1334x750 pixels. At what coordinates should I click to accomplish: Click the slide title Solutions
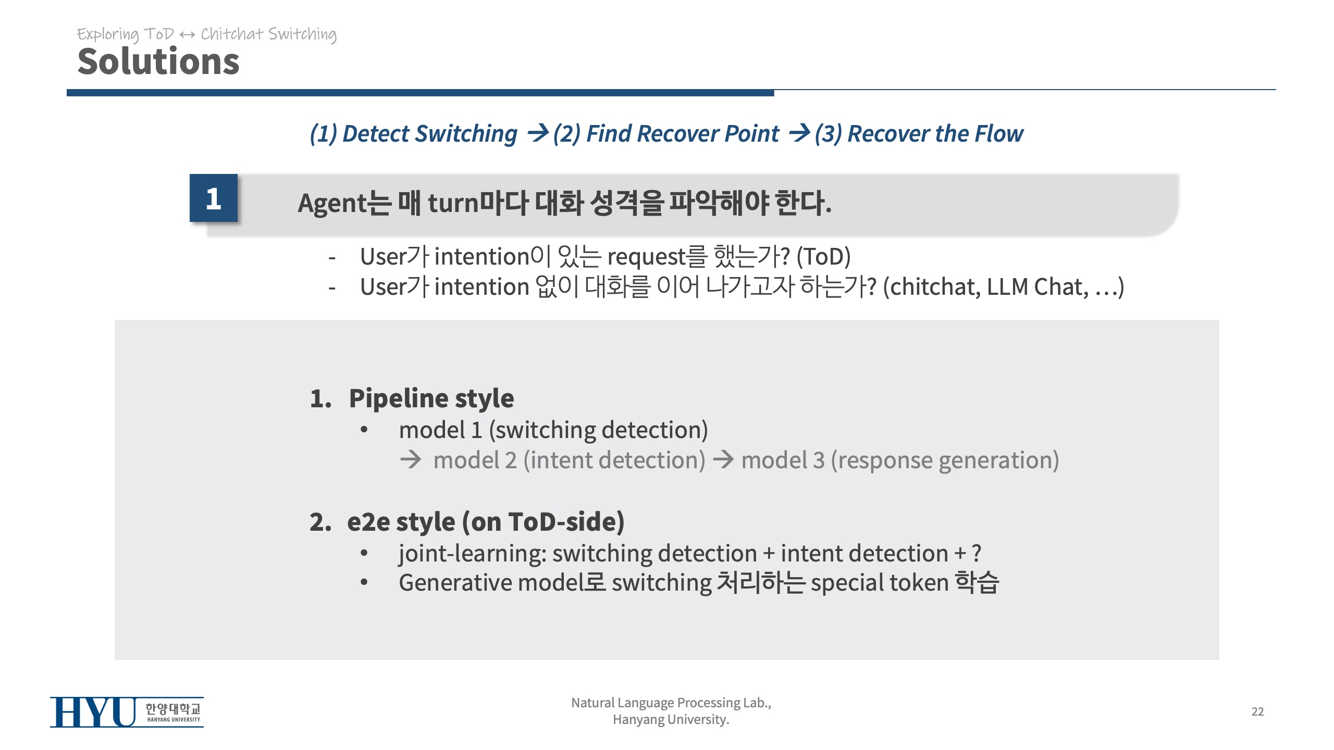point(158,61)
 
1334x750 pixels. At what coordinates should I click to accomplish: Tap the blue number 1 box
point(214,198)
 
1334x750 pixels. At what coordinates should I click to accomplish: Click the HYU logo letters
point(93,712)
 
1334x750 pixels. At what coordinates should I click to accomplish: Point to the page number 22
point(1257,711)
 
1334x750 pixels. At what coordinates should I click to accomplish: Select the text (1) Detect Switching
point(414,134)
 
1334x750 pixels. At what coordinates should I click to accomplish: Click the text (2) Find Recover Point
point(666,134)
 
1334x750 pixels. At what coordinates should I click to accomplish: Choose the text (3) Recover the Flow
point(919,134)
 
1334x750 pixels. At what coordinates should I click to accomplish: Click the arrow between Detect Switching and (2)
point(538,133)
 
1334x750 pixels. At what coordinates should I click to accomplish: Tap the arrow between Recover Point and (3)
point(799,133)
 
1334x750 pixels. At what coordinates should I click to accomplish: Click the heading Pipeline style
point(431,398)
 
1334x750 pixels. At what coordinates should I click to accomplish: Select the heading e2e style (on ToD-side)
point(486,522)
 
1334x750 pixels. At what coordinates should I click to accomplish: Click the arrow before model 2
point(411,459)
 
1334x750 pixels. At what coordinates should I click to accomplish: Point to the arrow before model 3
point(723,459)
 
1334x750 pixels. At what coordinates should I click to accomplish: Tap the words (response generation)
point(945,460)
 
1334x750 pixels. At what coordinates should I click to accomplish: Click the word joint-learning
point(472,554)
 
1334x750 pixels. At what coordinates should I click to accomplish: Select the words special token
point(880,583)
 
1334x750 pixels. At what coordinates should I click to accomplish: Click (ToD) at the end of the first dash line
point(824,257)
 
